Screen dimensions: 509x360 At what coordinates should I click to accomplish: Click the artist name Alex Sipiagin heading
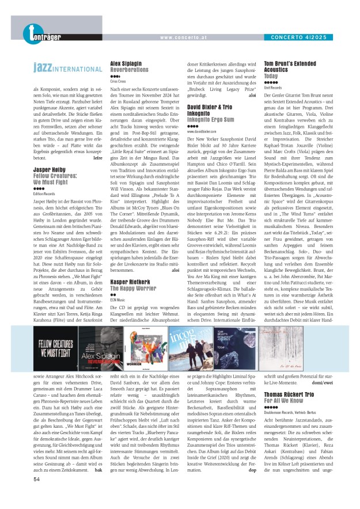tap(126, 63)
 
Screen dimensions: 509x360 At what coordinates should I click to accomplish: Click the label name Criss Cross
tap(118, 82)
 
